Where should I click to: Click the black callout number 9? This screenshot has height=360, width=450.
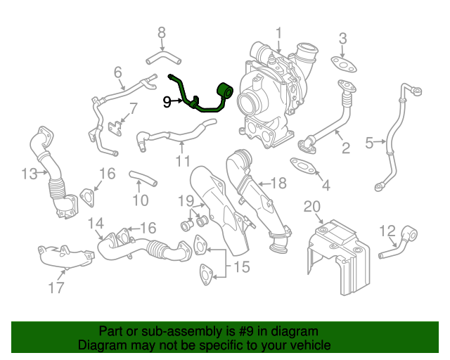pyautogui.click(x=167, y=102)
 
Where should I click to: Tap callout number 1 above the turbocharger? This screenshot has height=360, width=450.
pyautogui.click(x=278, y=32)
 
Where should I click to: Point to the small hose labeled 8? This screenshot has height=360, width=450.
pyautogui.click(x=160, y=55)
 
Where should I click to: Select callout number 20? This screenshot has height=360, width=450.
pyautogui.click(x=311, y=205)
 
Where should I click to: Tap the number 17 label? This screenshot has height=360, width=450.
pyautogui.click(x=56, y=287)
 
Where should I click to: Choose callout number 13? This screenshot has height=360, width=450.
pyautogui.click(x=29, y=173)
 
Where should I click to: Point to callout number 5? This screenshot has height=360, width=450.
pyautogui.click(x=370, y=143)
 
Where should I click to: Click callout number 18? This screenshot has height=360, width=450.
pyautogui.click(x=278, y=184)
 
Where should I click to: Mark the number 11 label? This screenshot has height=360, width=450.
pyautogui.click(x=183, y=161)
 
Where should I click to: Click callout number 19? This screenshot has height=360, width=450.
pyautogui.click(x=185, y=201)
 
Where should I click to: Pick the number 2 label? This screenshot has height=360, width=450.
pyautogui.click(x=345, y=148)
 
